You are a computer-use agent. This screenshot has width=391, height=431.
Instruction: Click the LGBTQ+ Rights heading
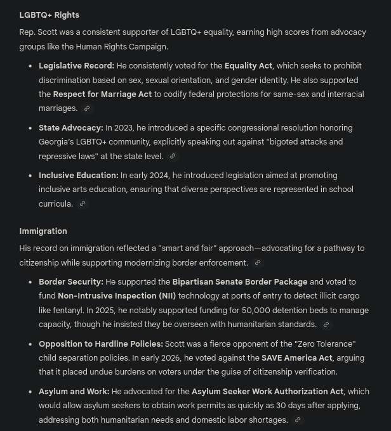[49, 15]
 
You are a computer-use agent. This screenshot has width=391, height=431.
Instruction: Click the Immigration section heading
[43, 231]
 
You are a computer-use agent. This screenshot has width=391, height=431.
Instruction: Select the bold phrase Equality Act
[248, 66]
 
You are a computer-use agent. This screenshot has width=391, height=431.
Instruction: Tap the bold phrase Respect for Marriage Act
[102, 94]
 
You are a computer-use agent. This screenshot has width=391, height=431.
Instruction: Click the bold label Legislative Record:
[76, 66]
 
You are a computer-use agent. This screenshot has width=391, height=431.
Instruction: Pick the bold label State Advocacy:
[70, 128]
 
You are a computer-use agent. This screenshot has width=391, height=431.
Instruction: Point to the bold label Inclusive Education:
[78, 176]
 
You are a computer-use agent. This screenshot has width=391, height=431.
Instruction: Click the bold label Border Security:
[70, 282]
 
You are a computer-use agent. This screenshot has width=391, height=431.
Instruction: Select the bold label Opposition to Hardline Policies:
[100, 344]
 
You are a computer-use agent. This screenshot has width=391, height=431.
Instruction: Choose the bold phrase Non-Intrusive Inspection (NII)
[117, 296]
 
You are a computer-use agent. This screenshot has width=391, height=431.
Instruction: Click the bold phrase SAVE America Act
[296, 358]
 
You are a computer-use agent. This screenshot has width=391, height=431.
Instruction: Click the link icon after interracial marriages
[88, 109]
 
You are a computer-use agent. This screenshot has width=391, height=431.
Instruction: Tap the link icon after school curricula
[83, 204]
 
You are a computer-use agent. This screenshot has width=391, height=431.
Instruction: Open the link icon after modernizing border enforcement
[258, 263]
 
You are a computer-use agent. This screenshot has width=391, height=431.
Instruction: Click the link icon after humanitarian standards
[326, 325]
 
